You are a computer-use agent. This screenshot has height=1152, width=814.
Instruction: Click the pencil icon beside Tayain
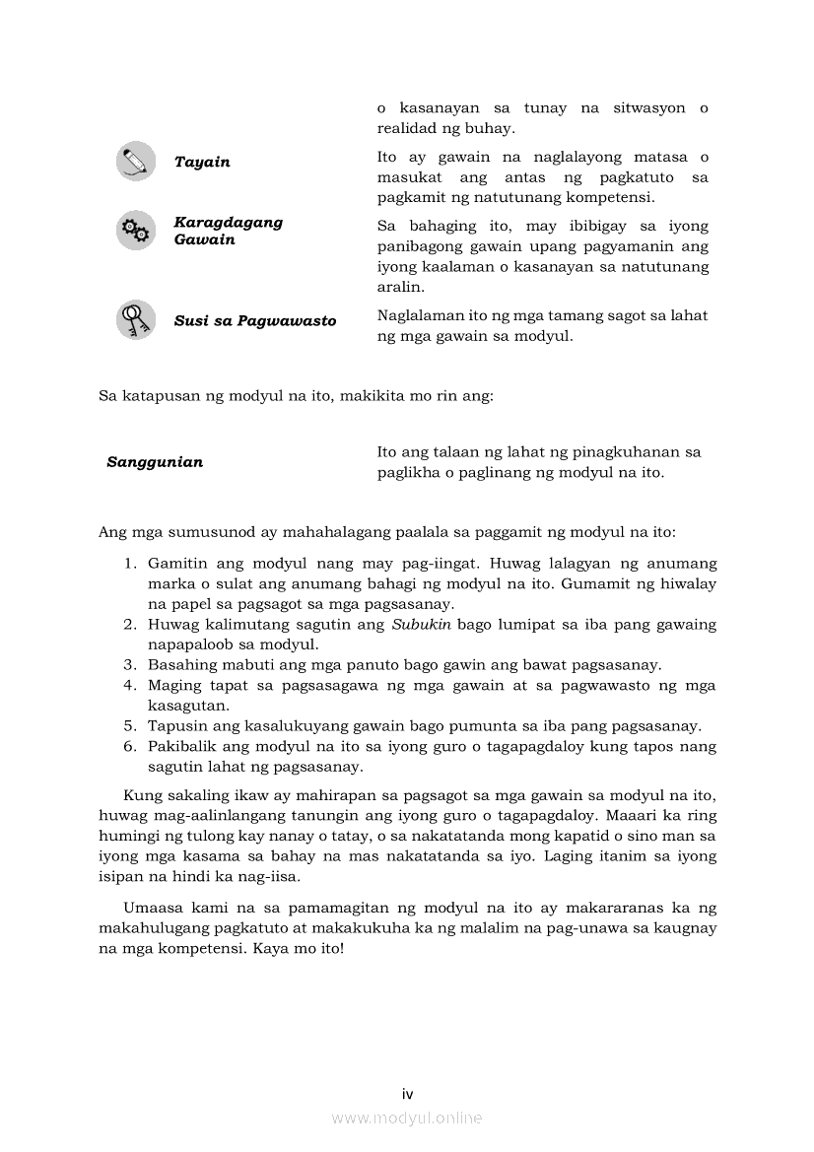pos(135,162)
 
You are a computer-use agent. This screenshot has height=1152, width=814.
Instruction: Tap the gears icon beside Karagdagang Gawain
pos(135,231)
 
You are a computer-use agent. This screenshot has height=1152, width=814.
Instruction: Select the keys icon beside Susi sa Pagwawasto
pos(135,320)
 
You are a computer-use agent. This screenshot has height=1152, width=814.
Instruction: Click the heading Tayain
pos(202,163)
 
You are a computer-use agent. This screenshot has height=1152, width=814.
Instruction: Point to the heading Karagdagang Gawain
pos(228,231)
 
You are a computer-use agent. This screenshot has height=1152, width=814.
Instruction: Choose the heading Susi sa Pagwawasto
pos(255,321)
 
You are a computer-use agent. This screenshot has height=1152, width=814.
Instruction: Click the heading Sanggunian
pos(155,462)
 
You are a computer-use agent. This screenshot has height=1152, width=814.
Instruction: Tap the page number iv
pos(407,1094)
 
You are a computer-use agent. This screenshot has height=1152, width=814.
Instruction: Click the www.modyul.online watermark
pos(407,1118)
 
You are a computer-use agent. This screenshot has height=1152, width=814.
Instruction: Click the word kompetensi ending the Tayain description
pos(604,198)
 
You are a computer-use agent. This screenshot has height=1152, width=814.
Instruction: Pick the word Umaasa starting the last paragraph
pos(153,908)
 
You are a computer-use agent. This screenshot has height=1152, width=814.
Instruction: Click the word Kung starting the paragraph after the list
pos(141,795)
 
